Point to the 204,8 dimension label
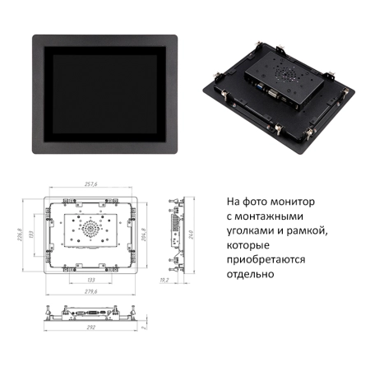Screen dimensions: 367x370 [146, 236]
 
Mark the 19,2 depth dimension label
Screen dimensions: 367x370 [164, 280]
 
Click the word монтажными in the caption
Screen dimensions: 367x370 [265, 216]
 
